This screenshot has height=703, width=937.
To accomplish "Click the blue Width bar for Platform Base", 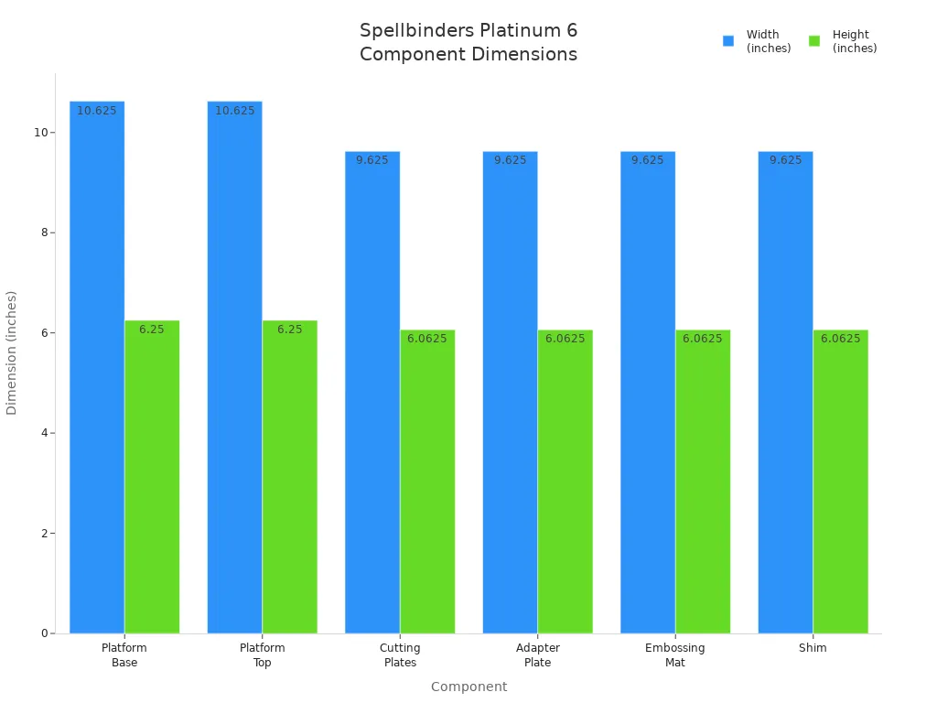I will pos(97,366).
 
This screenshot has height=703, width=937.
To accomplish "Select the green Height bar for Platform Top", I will pos(289,476).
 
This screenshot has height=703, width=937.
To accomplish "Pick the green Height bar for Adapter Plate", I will pos(565,481).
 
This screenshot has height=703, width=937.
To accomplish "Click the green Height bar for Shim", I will pos(840,481).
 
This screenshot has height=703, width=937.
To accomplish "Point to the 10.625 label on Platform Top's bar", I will pos(235,111).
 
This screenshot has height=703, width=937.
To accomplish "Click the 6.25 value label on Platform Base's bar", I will pos(152,330).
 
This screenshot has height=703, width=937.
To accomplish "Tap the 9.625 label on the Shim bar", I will pos(785,160).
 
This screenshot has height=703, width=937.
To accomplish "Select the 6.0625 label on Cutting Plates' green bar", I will pos(427,339).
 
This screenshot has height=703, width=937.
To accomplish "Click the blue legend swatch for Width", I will pos(728,41).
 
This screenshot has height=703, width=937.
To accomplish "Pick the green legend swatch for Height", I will pos(814,41).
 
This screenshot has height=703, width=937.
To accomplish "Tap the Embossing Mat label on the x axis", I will pos(675,655).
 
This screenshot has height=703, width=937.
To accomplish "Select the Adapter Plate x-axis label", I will pos(537,655).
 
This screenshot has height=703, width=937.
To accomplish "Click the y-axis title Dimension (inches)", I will pos(12,352).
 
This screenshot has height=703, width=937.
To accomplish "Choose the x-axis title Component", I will pos(468,687).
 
